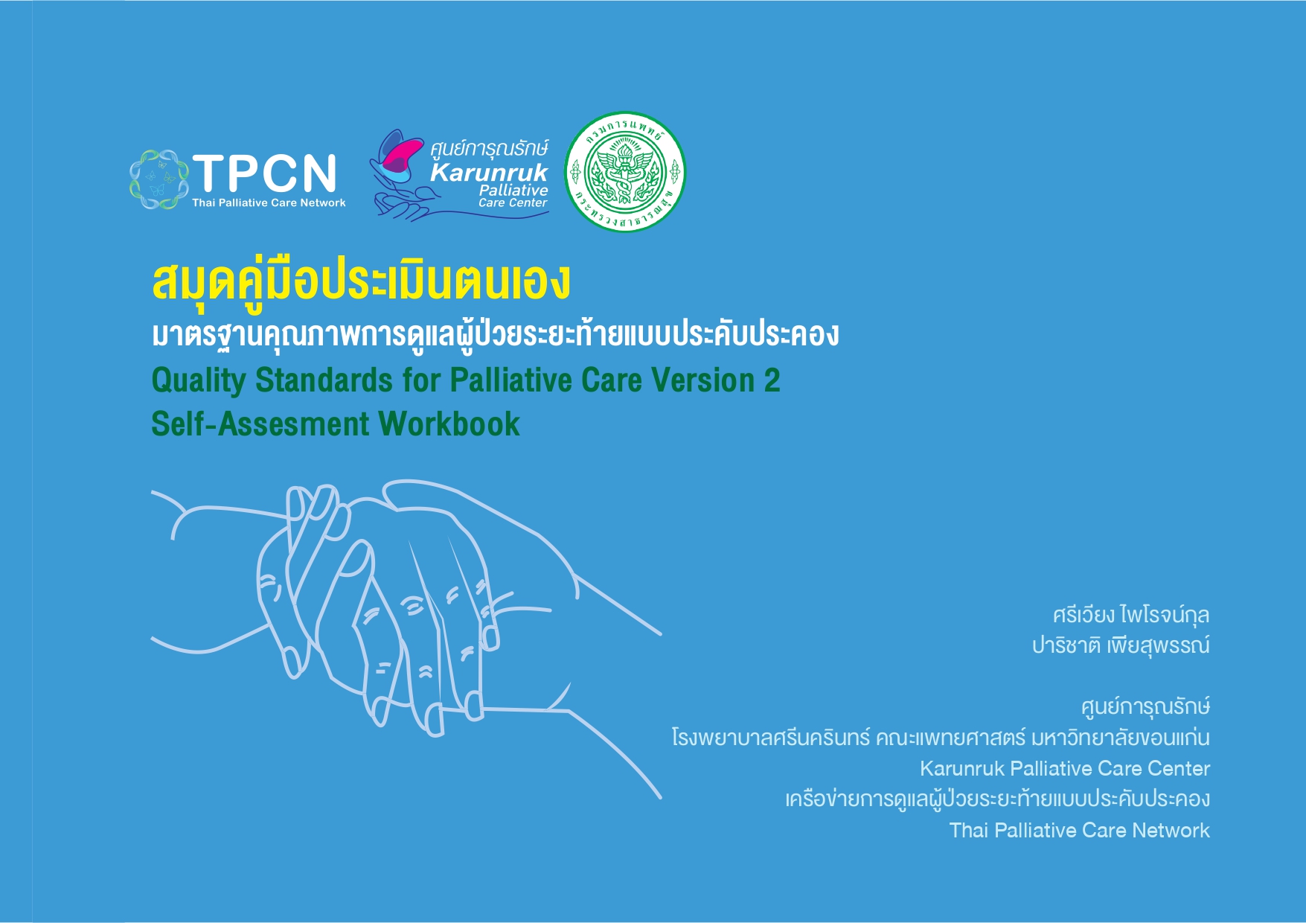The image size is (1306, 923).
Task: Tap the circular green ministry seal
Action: [625, 172]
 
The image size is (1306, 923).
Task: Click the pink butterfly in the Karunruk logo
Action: [397, 153]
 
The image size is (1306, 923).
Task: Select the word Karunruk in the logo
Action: [489, 173]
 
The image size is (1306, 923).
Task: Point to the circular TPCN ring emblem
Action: [158, 179]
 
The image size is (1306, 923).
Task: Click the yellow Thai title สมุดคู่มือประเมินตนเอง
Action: [362, 281]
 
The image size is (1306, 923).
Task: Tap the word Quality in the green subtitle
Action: [198, 380]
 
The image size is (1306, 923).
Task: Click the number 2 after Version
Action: [772, 380]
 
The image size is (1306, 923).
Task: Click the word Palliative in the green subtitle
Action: [511, 380]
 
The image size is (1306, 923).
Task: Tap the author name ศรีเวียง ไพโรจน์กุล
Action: [1131, 615]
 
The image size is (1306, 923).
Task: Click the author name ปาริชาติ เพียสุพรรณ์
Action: [1121, 645]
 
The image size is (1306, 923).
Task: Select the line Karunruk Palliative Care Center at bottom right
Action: [1065, 768]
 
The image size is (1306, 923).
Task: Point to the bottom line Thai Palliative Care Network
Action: [1080, 830]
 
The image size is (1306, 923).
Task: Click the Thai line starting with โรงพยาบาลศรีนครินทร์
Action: [941, 737]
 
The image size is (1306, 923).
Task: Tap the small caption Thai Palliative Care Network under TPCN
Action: [269, 202]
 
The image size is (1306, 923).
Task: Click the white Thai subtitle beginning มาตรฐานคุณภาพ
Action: [496, 335]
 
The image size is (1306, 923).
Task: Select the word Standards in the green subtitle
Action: [324, 380]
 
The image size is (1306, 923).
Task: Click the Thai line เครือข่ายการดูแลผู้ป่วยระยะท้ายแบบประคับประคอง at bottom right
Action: [998, 799]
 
